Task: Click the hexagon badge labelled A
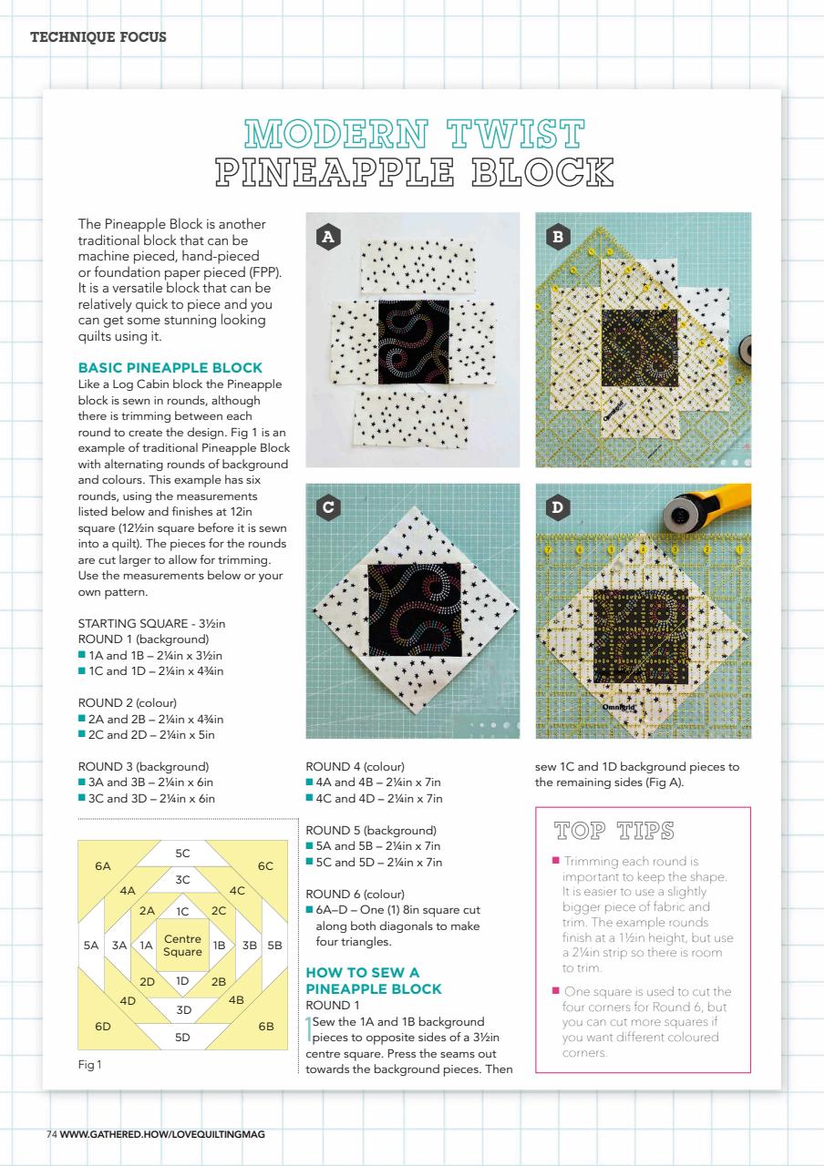[328, 237]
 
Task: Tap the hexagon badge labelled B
[558, 237]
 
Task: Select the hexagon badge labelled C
[328, 507]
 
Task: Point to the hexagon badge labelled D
[558, 507]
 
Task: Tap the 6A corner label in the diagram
[103, 866]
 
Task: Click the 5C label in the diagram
[182, 854]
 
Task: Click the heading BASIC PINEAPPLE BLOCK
[170, 367]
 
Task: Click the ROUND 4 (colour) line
[356, 767]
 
